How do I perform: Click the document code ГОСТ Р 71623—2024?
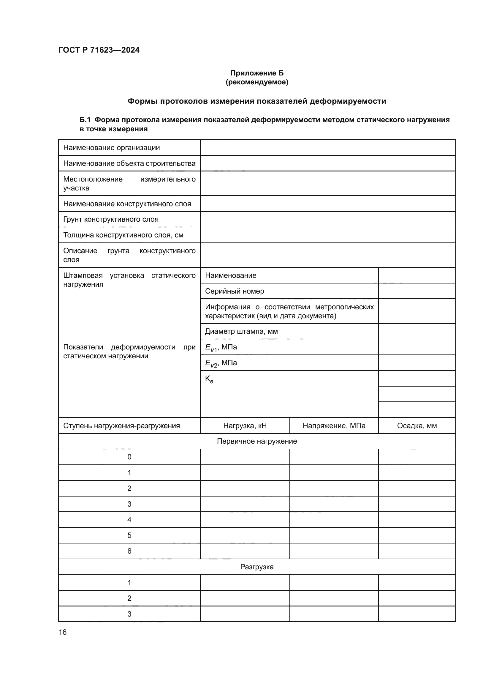click(99, 50)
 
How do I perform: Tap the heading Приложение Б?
click(257, 73)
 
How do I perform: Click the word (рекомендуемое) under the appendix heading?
click(257, 82)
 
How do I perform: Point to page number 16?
click(63, 632)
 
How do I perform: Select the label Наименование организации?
click(111, 148)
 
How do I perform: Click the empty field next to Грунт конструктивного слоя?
click(328, 219)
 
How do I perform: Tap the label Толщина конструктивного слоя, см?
click(123, 235)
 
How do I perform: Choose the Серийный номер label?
click(234, 291)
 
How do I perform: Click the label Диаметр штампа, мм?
click(241, 331)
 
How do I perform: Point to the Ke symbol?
click(209, 379)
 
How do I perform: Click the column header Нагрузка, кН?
click(245, 425)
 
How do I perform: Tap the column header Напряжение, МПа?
click(334, 425)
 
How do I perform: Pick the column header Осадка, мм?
click(416, 425)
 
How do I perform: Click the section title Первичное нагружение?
click(257, 441)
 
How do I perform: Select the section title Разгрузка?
click(257, 567)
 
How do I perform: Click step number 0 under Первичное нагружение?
click(129, 457)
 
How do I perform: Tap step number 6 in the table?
click(129, 551)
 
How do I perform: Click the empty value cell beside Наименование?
click(416, 275)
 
